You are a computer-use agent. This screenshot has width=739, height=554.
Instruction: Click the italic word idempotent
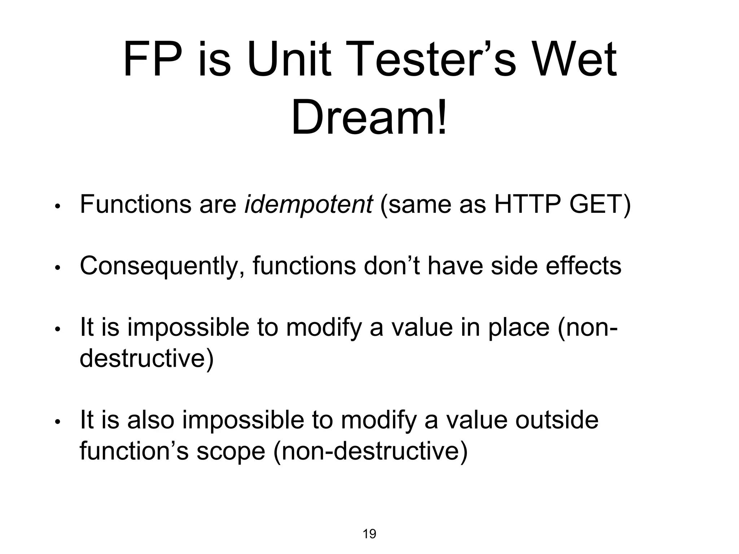(x=308, y=204)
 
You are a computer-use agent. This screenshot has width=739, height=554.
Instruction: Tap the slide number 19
(x=369, y=534)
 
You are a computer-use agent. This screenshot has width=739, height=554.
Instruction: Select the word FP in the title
(x=152, y=60)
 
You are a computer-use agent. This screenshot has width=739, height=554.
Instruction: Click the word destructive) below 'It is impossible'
(x=147, y=359)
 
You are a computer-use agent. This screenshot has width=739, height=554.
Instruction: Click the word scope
(x=231, y=451)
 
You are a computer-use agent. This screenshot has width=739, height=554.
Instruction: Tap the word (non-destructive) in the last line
(x=370, y=451)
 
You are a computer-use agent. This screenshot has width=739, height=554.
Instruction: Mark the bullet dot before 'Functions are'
(x=57, y=207)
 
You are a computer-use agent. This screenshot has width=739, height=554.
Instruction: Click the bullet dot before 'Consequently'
(x=57, y=268)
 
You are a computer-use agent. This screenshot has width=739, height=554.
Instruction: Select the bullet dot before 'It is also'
(x=57, y=422)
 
